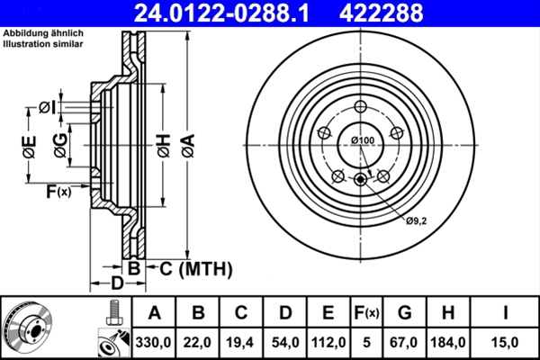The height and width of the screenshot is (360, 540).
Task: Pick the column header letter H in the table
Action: tap(449, 312)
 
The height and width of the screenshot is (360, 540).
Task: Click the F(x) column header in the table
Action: tap(366, 312)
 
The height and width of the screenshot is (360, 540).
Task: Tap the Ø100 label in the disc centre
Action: tap(362, 140)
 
